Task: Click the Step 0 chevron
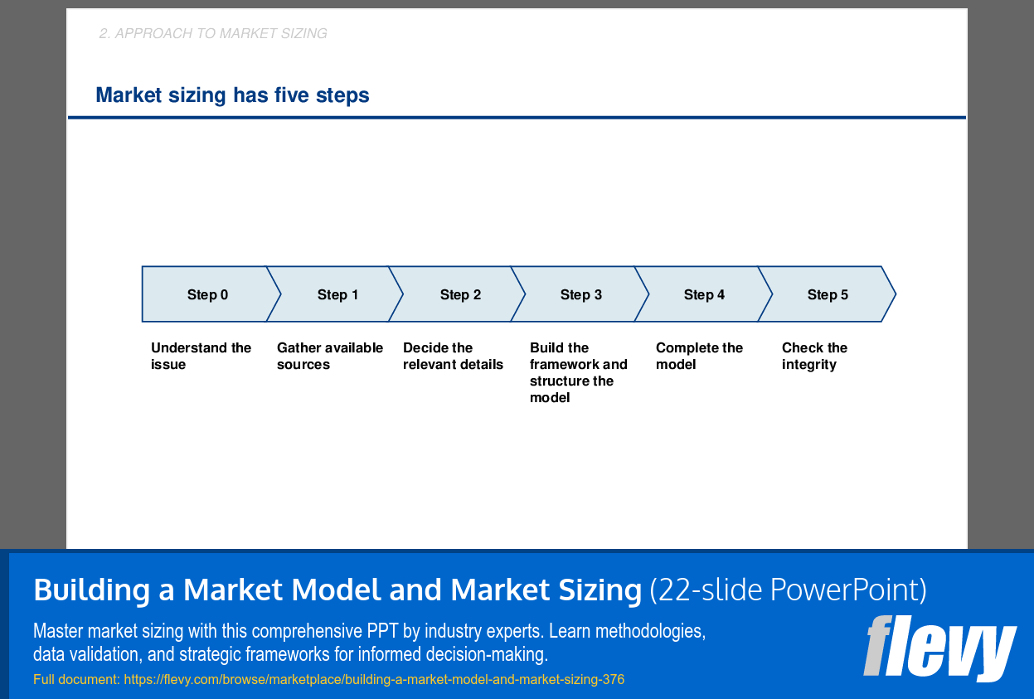207,294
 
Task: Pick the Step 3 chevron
581,294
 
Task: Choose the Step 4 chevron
704,294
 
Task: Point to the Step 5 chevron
828,294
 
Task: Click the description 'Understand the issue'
201,356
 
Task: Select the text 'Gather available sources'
329,356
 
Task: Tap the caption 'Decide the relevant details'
453,356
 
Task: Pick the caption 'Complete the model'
699,356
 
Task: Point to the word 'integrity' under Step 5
808,365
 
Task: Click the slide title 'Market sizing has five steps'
232,95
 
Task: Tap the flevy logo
939,647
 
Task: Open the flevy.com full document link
373,680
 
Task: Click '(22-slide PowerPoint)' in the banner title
788,590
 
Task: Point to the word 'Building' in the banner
91,590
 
